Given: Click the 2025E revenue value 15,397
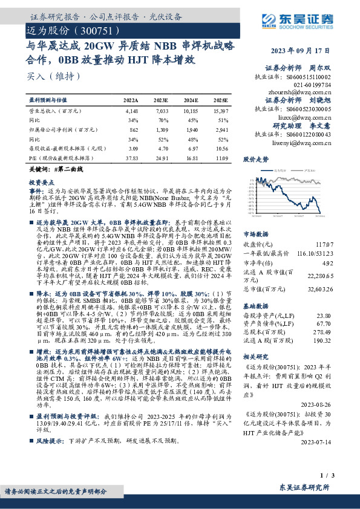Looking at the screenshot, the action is point(223,111).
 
